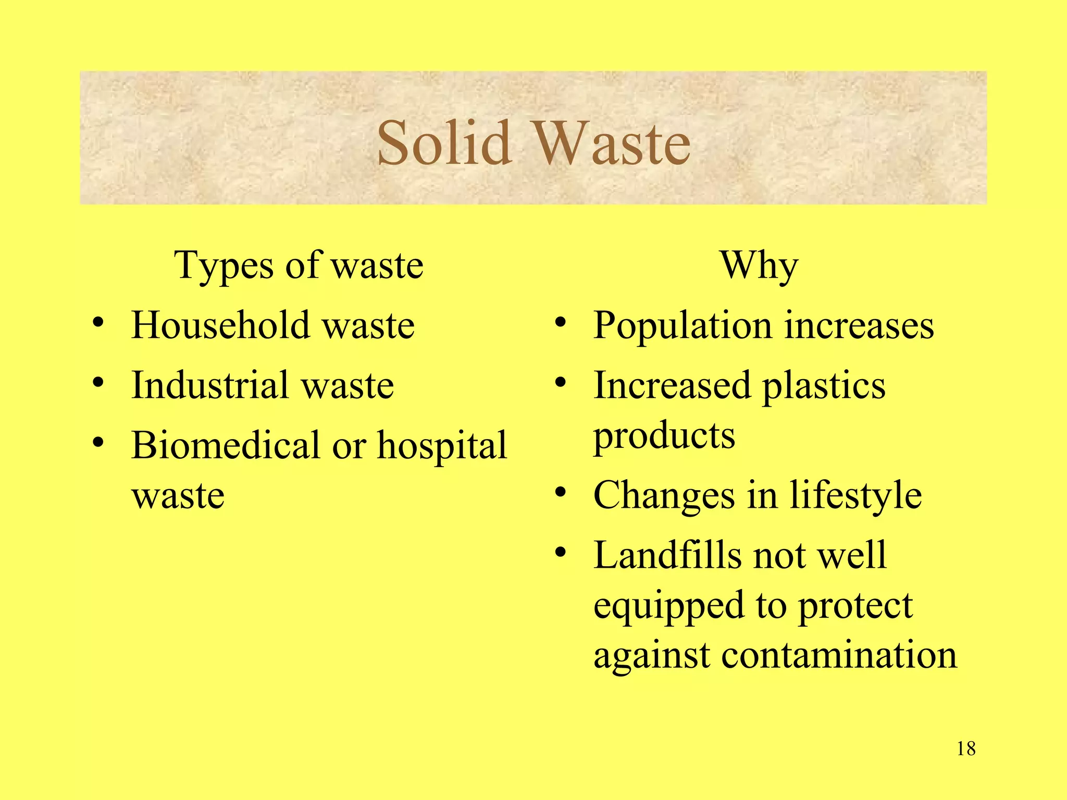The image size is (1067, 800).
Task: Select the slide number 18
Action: pyautogui.click(x=966, y=749)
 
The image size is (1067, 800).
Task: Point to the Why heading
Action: pyautogui.click(x=759, y=266)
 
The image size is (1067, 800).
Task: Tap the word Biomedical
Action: pyautogui.click(x=225, y=445)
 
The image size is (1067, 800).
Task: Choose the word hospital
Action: pyautogui.click(x=442, y=446)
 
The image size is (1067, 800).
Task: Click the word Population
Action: pyautogui.click(x=683, y=326)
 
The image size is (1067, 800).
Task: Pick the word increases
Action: pyautogui.click(x=859, y=326)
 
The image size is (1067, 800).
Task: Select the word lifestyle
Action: pyautogui.click(x=855, y=495)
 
